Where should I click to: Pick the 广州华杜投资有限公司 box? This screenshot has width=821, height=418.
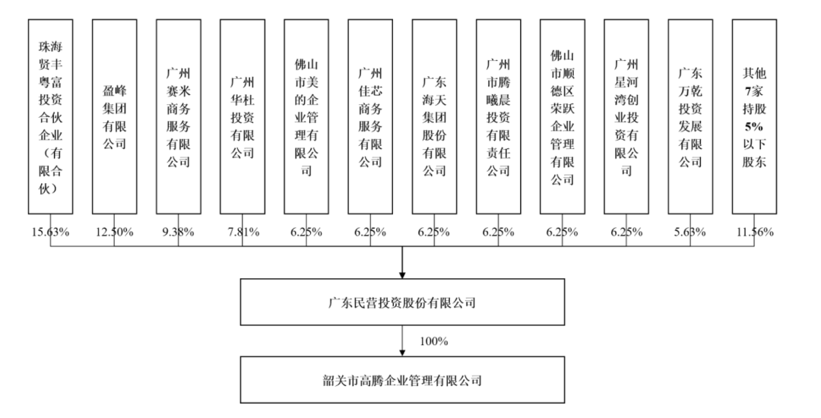[242, 115]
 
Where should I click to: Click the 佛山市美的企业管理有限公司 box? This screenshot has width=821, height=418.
[306, 115]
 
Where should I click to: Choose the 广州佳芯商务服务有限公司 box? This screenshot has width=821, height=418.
[369, 115]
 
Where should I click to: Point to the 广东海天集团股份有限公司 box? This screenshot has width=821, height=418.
[434, 115]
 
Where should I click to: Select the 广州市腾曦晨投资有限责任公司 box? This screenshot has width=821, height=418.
[498, 115]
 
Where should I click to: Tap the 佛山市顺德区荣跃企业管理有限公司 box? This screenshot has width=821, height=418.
[562, 115]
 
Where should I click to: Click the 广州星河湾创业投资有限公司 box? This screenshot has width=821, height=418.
[626, 115]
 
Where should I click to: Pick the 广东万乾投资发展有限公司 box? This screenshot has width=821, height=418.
[690, 115]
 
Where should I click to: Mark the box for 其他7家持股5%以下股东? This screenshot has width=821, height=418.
[754, 115]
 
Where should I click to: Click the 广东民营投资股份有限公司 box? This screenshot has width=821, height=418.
[402, 302]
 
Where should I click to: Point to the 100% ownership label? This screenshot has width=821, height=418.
[433, 340]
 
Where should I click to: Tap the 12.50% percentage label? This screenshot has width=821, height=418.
[114, 232]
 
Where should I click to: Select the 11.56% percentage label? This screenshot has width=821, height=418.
[754, 232]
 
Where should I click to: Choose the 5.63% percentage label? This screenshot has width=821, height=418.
[690, 232]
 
